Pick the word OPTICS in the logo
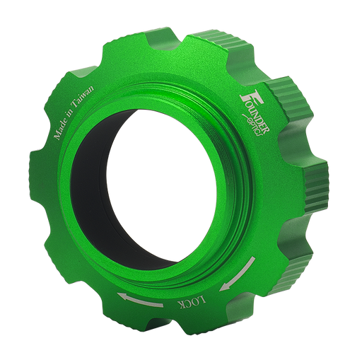coord(251,124)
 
